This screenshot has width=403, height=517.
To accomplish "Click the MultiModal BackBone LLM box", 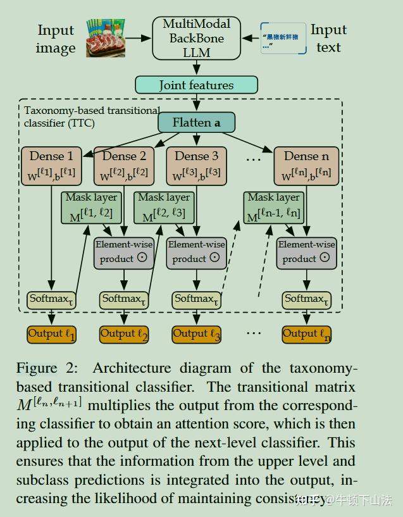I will [x=197, y=38].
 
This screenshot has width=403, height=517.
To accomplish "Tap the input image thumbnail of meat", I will [x=106, y=38].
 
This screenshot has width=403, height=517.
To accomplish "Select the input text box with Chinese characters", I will [x=283, y=38].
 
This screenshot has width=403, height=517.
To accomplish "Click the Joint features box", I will [x=196, y=85].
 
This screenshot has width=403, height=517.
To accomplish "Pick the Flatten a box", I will [x=196, y=123].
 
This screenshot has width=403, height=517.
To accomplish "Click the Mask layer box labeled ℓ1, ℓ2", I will [x=92, y=207].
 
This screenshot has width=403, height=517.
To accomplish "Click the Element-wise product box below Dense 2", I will [x=125, y=251].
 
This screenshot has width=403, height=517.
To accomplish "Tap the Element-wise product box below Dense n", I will [x=307, y=251].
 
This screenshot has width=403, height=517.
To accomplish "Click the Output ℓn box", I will [x=307, y=334].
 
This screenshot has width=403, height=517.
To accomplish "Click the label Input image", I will [x=56, y=39].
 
